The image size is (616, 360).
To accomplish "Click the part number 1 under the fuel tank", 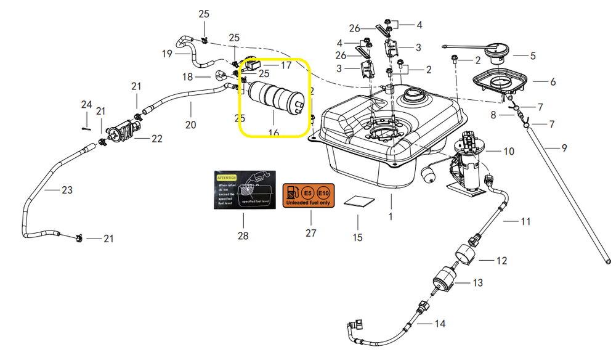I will pos(391,216).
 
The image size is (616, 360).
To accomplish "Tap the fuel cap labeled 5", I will pos(498,51).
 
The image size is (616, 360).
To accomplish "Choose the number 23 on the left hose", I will pos(67,190).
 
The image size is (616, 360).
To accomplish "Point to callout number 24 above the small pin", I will pos(86,104).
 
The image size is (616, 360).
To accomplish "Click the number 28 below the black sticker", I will pos(243,235).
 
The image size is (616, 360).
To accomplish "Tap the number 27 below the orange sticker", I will pos(310,233).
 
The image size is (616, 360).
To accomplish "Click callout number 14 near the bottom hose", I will pos(439,323).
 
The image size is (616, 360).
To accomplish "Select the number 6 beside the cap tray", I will pos(553,81).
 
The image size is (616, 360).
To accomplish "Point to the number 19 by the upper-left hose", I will pos(167,54).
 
